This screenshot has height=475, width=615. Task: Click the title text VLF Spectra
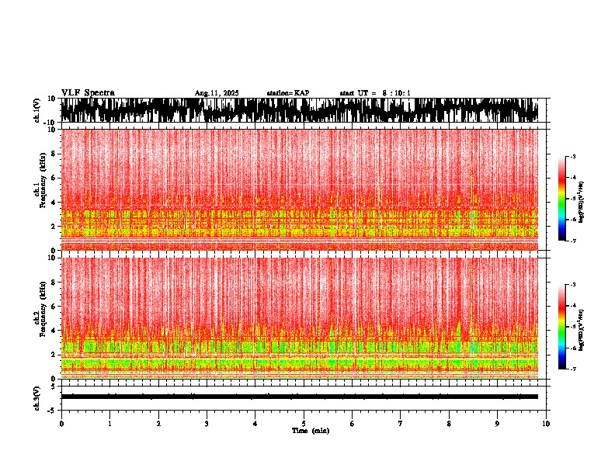click(x=88, y=92)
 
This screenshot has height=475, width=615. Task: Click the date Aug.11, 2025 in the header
click(x=217, y=93)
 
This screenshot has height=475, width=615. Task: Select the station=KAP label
click(x=287, y=93)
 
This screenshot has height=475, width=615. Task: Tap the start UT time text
click(x=375, y=93)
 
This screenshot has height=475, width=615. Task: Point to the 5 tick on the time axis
click(x=304, y=423)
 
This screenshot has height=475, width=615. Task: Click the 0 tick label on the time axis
click(x=61, y=423)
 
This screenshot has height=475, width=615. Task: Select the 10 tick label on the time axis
click(x=546, y=423)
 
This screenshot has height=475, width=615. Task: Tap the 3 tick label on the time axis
click(x=207, y=423)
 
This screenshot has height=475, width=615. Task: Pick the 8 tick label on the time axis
click(x=449, y=423)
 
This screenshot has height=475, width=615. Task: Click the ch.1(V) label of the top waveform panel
click(x=37, y=110)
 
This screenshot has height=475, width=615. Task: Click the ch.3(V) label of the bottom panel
click(x=37, y=397)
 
